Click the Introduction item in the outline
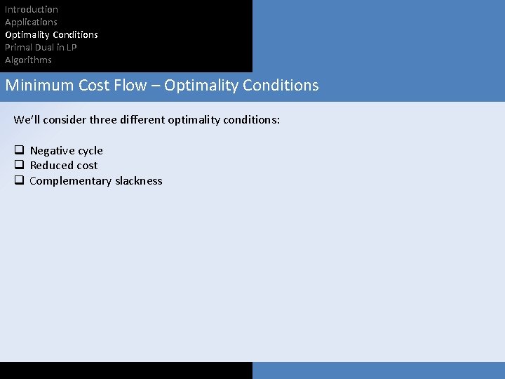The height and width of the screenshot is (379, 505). [32, 9]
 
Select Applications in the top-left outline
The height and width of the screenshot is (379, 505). [31, 22]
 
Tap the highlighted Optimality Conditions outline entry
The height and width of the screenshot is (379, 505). [51, 34]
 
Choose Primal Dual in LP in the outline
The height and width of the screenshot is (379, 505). [41, 47]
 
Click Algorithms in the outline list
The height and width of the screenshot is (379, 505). [28, 60]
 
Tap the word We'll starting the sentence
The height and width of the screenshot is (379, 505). [27, 120]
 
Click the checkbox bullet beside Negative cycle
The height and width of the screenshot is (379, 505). [19, 150]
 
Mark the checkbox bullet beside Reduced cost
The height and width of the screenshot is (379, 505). [19, 165]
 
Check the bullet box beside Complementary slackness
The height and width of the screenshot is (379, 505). [19, 180]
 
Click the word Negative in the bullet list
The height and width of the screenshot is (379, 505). [51, 151]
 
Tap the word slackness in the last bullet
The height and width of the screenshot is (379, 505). [138, 181]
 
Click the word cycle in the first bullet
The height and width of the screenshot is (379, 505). [90, 151]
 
